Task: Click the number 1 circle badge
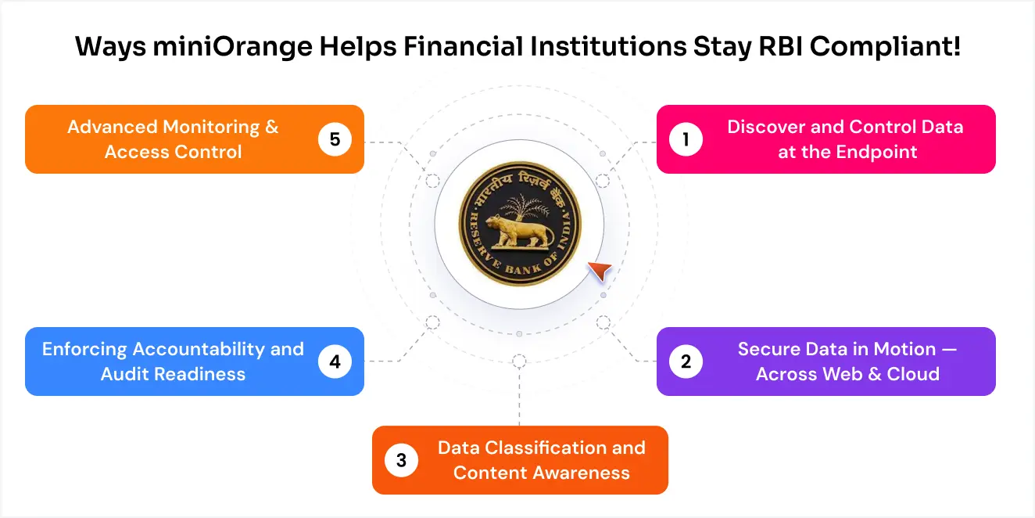(x=686, y=139)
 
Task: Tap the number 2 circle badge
(x=686, y=362)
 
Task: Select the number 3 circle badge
(x=402, y=460)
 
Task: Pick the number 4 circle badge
(x=335, y=362)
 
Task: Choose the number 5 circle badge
(x=335, y=139)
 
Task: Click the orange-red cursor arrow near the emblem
(x=599, y=272)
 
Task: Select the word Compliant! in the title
(x=885, y=47)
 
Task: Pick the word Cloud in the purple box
(x=913, y=374)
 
